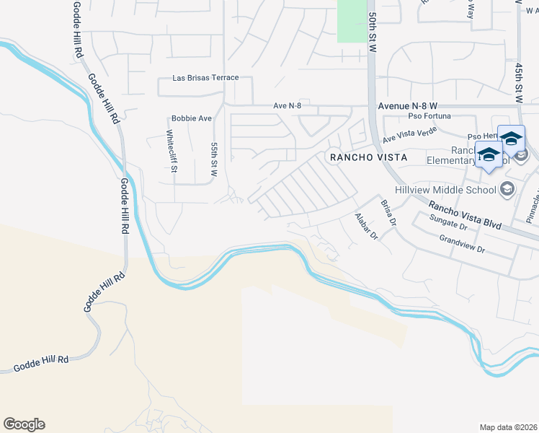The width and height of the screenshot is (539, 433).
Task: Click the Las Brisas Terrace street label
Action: pyautogui.click(x=205, y=78)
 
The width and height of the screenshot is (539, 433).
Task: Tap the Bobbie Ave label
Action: pyautogui.click(x=192, y=118)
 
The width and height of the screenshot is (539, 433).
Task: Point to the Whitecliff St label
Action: pyautogui.click(x=171, y=152)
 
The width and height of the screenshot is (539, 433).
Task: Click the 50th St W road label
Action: pyautogui.click(x=373, y=30)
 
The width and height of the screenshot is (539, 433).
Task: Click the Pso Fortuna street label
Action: pyautogui.click(x=429, y=115)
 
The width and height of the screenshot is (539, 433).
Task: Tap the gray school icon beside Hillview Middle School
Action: pyautogui.click(x=507, y=189)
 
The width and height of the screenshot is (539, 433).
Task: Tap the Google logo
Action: pyautogui.click(x=24, y=424)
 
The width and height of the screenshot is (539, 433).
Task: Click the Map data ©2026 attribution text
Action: pyautogui.click(x=508, y=427)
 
